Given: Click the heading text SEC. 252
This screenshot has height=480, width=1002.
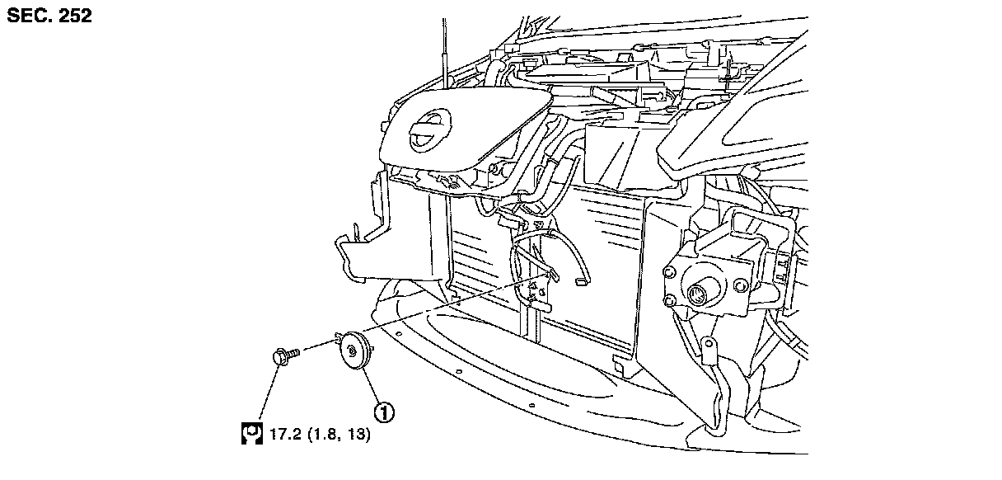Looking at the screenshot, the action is point(49,16).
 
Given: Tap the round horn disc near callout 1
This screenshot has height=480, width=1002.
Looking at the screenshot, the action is point(355,353).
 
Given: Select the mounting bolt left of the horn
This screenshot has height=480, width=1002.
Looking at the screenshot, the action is point(283,356).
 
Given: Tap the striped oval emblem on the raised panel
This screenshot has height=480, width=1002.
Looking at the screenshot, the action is point(429,132).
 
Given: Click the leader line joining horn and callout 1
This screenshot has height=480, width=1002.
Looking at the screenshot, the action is point(371,388).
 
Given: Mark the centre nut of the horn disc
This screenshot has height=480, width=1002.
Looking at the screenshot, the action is point(353,352).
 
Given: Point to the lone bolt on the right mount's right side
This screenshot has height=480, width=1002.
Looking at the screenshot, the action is point(737,285).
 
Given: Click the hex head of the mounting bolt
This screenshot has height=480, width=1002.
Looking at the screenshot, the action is point(278,357).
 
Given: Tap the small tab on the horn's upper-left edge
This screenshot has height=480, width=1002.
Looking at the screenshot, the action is point(338,336).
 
